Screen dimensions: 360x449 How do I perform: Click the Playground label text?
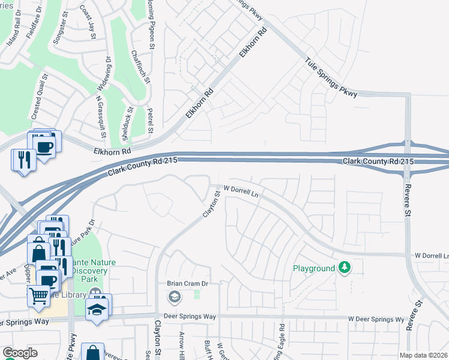(313, 268)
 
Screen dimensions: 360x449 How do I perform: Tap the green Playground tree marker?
(344, 267)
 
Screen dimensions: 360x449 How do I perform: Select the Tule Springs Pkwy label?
(331, 77)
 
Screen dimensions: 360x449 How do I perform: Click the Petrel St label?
(151, 119)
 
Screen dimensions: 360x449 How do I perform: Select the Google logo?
(20, 353)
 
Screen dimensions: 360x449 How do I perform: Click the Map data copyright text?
(423, 355)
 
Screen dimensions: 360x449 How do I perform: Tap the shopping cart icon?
(38, 295)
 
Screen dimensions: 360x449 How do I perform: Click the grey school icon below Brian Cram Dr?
(174, 296)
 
